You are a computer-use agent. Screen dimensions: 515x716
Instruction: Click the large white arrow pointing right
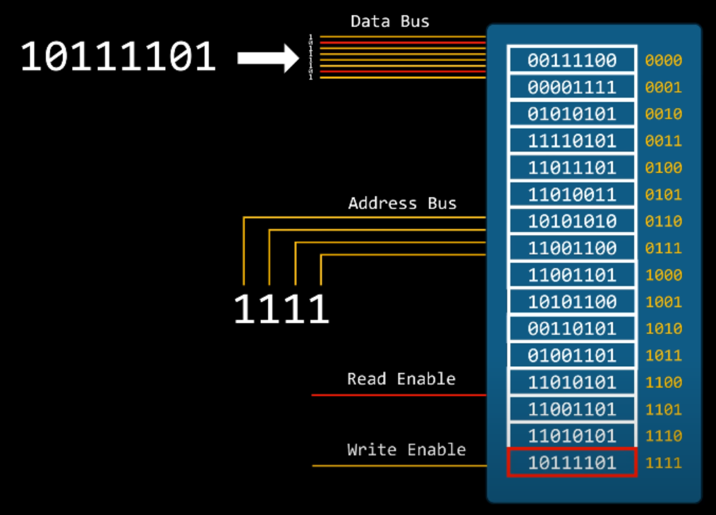(269, 59)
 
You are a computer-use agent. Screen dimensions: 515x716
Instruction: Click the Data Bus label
(389, 21)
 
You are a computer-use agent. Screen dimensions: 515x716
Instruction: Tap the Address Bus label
(402, 204)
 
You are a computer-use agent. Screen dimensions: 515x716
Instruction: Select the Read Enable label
(401, 379)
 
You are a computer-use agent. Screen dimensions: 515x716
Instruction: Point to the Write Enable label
(406, 449)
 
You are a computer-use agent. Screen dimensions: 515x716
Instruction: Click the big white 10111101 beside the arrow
(118, 57)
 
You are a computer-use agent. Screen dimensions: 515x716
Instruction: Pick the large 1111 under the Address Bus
(281, 309)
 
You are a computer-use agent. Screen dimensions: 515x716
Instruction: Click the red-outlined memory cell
(572, 463)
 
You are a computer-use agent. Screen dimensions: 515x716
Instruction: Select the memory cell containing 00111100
(572, 60)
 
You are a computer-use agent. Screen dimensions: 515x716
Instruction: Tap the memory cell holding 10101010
(572, 222)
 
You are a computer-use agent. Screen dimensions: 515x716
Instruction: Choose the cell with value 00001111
(572, 87)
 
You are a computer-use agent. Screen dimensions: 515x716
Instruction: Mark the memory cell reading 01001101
(572, 356)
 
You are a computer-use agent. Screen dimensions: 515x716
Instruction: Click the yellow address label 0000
(663, 61)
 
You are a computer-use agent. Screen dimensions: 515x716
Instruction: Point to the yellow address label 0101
(663, 195)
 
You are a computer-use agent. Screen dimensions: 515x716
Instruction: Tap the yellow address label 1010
(663, 329)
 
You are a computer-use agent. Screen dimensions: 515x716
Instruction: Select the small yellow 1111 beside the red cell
(663, 463)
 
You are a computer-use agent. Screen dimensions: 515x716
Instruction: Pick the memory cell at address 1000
(572, 275)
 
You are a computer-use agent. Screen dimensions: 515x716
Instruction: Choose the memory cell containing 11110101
(572, 141)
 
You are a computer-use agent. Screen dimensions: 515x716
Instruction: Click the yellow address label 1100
(663, 382)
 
